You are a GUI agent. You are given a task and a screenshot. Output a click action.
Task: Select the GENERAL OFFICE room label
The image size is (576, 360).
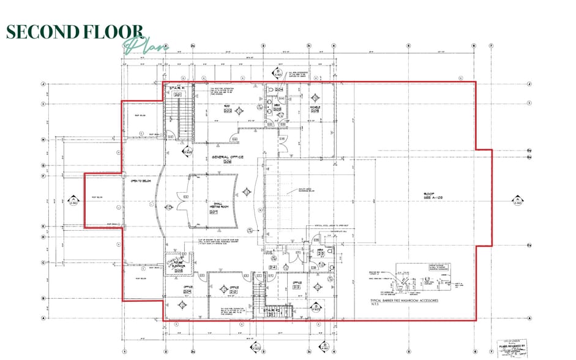(227, 159)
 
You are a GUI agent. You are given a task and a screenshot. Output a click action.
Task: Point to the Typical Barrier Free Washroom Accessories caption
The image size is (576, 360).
(400, 303)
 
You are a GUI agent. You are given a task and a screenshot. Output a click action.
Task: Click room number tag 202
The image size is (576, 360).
(226, 111)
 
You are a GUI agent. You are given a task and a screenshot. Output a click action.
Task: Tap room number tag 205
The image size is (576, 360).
(315, 111)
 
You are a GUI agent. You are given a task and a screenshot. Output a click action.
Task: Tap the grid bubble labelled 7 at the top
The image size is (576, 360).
(491, 45)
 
